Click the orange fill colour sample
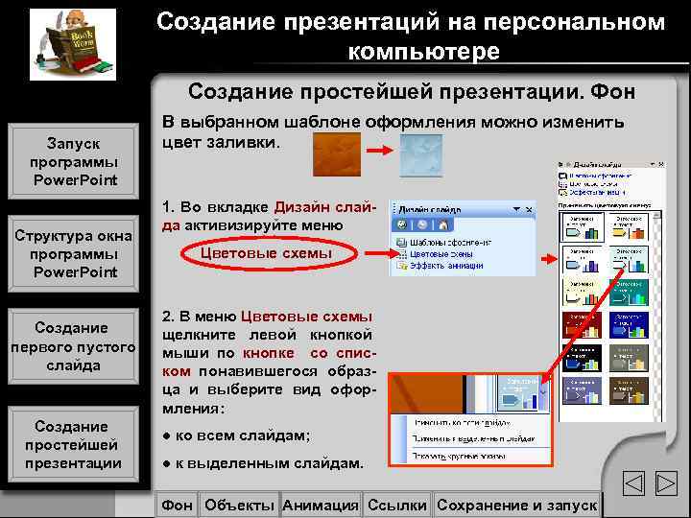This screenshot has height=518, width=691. tap(335, 152)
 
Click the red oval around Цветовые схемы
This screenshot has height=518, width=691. tap(266, 253)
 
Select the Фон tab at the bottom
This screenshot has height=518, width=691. tap(178, 505)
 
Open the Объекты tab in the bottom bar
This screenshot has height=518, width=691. tap(240, 505)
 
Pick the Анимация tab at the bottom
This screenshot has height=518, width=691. tap(321, 505)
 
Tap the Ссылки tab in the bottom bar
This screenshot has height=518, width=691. tap(397, 505)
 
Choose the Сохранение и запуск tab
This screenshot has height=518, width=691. tap(516, 505)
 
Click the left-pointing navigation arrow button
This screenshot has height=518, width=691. tap(632, 484)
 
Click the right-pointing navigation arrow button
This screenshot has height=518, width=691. tap(665, 484)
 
